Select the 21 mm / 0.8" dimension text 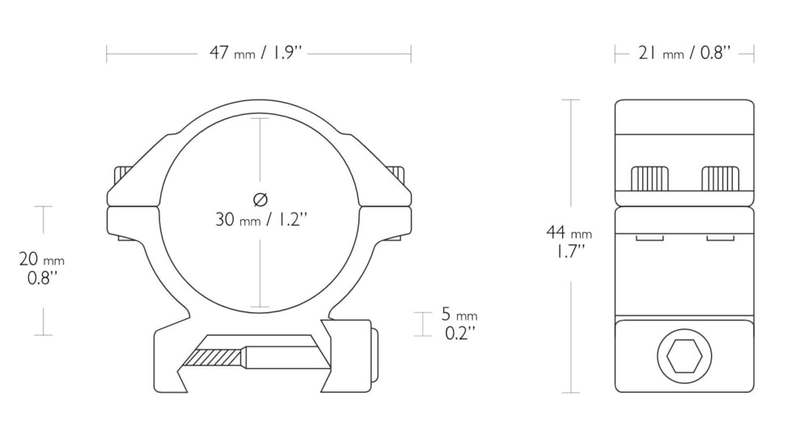click(x=684, y=53)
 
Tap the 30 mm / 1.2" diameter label click(x=260, y=218)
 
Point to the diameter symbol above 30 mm click(x=260, y=199)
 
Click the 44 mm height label click(x=569, y=233)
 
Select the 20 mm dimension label click(x=41, y=259)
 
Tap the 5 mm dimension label click(x=459, y=314)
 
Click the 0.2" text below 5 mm click(x=459, y=333)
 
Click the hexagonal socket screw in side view click(x=684, y=355)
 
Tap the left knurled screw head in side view click(x=649, y=178)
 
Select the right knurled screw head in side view click(x=721, y=178)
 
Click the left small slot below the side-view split click(x=649, y=238)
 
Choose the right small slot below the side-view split click(x=720, y=238)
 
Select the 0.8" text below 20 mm click(x=41, y=278)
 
